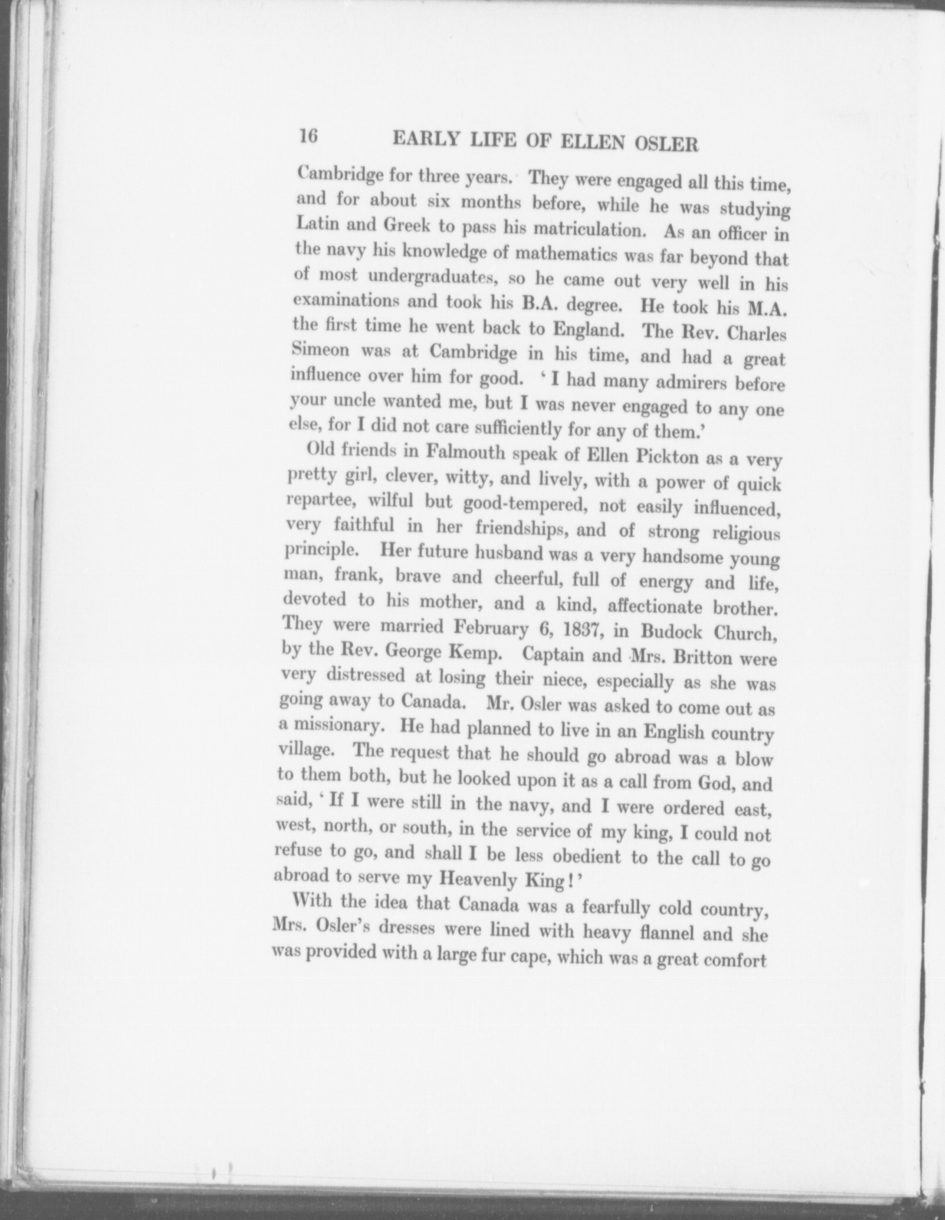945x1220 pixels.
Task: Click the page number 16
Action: (308, 136)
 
